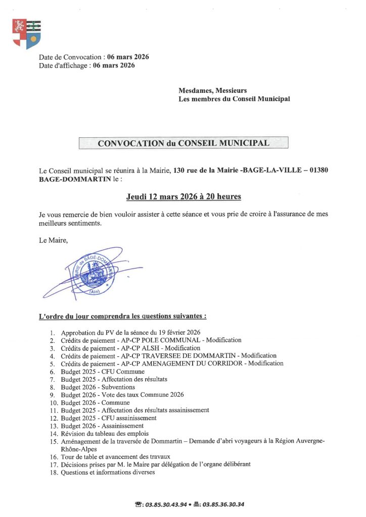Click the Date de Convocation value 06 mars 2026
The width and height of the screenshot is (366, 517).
point(128,57)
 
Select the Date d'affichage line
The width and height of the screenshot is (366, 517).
point(87,65)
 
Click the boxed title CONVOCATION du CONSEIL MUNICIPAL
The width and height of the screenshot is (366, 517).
point(183,143)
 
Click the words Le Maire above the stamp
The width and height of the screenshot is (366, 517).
point(53,240)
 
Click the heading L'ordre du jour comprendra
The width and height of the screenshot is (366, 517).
point(122,317)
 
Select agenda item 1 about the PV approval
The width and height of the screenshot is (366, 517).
point(130,332)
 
